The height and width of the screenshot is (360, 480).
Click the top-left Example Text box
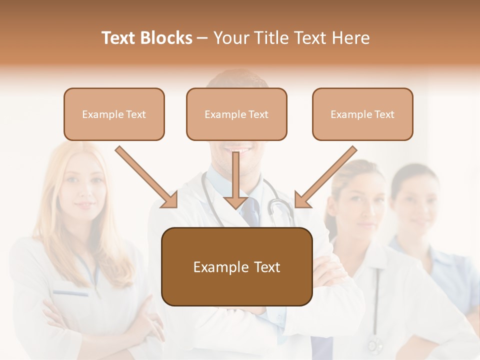click(114, 114)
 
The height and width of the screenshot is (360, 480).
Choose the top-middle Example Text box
click(236, 114)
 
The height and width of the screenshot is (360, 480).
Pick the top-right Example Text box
click(362, 114)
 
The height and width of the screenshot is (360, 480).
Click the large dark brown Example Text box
click(236, 266)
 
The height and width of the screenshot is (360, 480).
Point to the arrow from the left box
click(145, 176)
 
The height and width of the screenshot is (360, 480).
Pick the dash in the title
click(202, 38)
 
